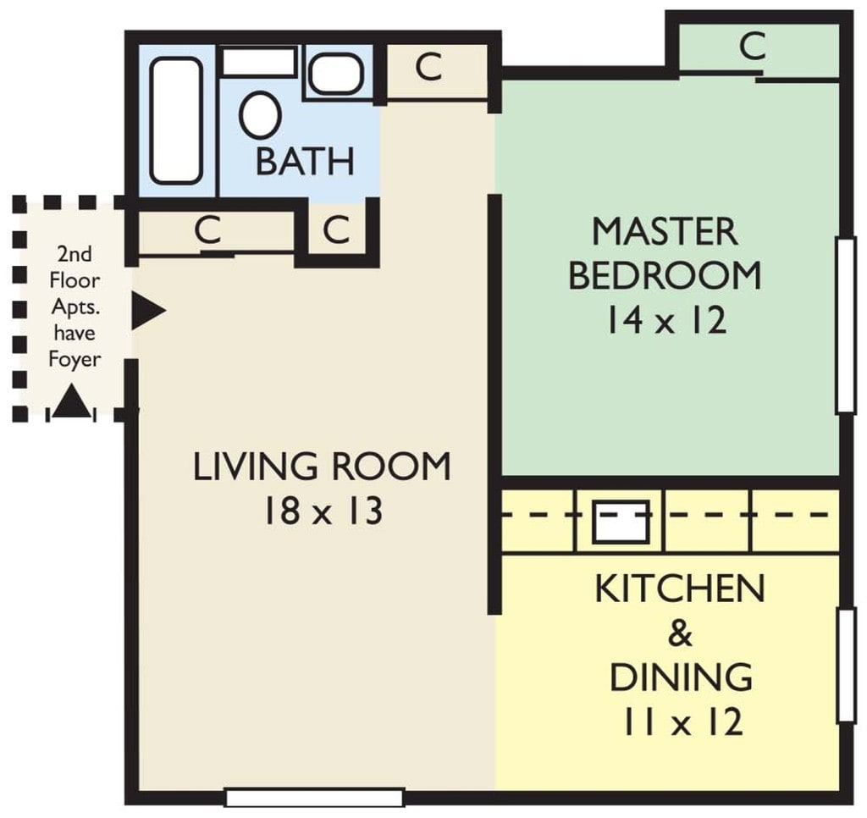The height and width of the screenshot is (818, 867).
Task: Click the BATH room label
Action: [305, 161]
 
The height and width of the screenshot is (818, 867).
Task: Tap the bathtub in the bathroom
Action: [176, 119]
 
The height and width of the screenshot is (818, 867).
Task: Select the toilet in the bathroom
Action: [260, 114]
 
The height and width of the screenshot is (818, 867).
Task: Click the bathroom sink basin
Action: [335, 75]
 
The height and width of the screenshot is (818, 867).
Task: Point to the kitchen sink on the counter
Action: [620, 522]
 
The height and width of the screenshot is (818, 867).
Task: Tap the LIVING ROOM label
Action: [322, 467]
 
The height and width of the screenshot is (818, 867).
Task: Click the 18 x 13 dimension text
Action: [322, 512]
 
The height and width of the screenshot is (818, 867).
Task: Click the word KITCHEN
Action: [680, 589]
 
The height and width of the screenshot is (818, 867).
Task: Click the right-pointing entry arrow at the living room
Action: [147, 311]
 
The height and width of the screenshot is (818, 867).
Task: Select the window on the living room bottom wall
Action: [314, 797]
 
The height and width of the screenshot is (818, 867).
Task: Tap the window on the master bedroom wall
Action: [845, 325]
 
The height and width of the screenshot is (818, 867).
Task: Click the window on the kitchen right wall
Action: [845, 666]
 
